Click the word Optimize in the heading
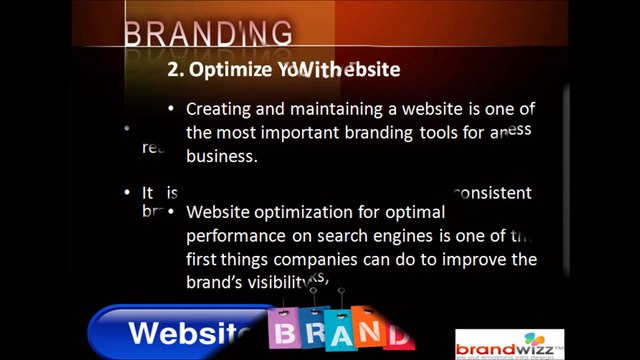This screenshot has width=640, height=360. [232, 69]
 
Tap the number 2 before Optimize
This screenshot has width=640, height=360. [173, 69]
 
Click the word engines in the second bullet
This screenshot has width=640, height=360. [410, 236]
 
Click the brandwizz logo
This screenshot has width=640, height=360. [509, 344]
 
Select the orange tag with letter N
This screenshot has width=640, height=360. [369, 330]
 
